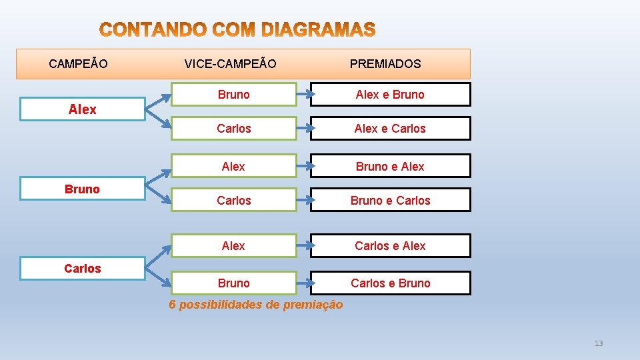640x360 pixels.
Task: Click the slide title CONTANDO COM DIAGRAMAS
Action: point(237,30)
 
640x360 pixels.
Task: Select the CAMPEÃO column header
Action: point(79,64)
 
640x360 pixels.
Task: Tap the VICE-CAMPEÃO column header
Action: point(230,64)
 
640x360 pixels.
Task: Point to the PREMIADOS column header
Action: point(385,64)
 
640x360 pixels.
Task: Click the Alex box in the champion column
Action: point(82,109)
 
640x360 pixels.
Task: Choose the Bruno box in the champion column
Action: point(82,189)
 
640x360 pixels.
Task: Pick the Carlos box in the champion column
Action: point(82,269)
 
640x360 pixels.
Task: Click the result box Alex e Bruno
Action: point(390,95)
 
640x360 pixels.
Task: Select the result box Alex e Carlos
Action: point(390,129)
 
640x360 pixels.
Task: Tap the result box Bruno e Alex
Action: point(390,167)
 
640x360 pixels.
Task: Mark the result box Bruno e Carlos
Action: point(390,200)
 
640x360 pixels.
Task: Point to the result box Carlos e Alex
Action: point(390,246)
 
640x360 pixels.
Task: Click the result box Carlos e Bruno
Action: point(390,283)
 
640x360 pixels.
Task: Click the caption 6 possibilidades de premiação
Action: point(256,305)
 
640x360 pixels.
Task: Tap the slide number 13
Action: point(598,343)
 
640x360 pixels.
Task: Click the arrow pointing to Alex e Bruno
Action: point(303,95)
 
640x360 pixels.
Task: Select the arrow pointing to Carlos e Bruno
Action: point(303,283)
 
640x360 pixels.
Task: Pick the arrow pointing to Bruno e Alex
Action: point(303,167)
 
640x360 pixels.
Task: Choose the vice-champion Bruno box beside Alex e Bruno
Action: point(233,95)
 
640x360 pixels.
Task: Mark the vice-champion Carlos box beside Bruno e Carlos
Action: point(233,200)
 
